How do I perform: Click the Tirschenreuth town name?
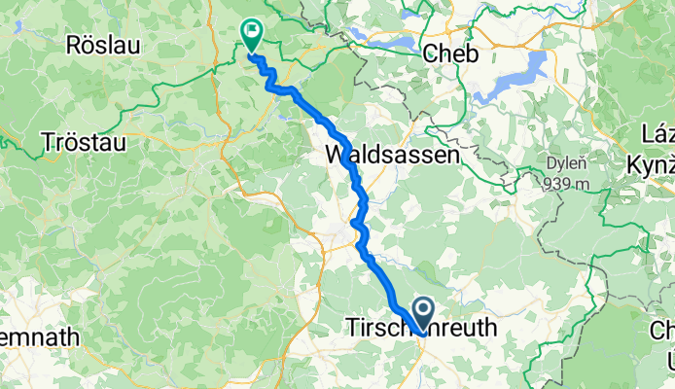(421, 329)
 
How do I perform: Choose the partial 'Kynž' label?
(654, 157)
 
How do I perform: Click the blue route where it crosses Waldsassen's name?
(350, 155)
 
